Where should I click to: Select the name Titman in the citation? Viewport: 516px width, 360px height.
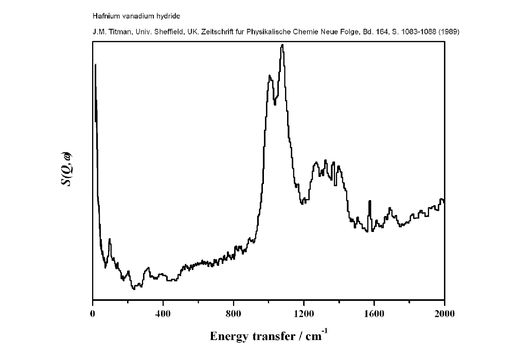pos(116,31)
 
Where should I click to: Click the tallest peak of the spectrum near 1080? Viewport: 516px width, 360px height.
pos(282,45)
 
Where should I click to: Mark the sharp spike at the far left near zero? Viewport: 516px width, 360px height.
pos(95,65)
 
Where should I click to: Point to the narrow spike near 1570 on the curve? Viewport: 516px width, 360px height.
pos(369,201)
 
